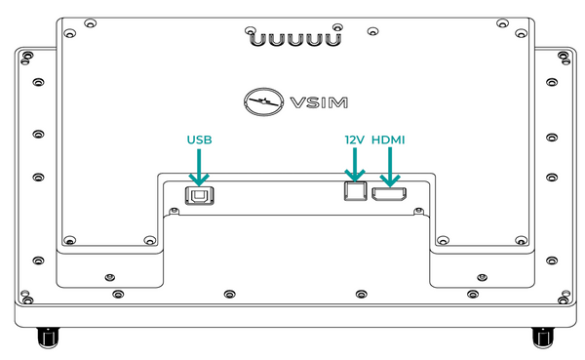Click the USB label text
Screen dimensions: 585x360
pyautogui.click(x=199, y=140)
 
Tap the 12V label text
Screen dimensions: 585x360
pyautogui.click(x=355, y=140)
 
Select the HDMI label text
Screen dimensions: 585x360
pyautogui.click(x=388, y=140)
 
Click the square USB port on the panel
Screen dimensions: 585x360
pyautogui.click(x=200, y=195)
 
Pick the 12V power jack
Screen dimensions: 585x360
pyautogui.click(x=356, y=191)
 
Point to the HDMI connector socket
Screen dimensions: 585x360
pyautogui.click(x=389, y=194)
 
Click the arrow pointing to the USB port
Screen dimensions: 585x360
pyautogui.click(x=199, y=167)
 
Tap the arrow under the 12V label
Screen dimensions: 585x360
pyautogui.click(x=355, y=165)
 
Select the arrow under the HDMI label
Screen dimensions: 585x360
pyautogui.click(x=390, y=167)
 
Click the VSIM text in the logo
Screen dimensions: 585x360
pyautogui.click(x=319, y=102)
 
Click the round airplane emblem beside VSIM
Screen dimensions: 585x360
pyautogui.click(x=262, y=101)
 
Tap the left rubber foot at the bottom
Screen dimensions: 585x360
pyautogui.click(x=48, y=338)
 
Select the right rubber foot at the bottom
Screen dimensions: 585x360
pyautogui.click(x=543, y=338)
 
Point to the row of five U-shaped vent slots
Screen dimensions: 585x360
pyautogui.click(x=295, y=39)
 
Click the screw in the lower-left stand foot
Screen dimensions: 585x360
pyautogui.click(x=109, y=277)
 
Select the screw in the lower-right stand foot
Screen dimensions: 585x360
pyautogui.click(x=483, y=277)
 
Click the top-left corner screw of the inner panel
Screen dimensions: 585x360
pyautogui.click(x=69, y=33)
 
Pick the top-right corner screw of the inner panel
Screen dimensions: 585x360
pyautogui.click(x=522, y=33)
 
